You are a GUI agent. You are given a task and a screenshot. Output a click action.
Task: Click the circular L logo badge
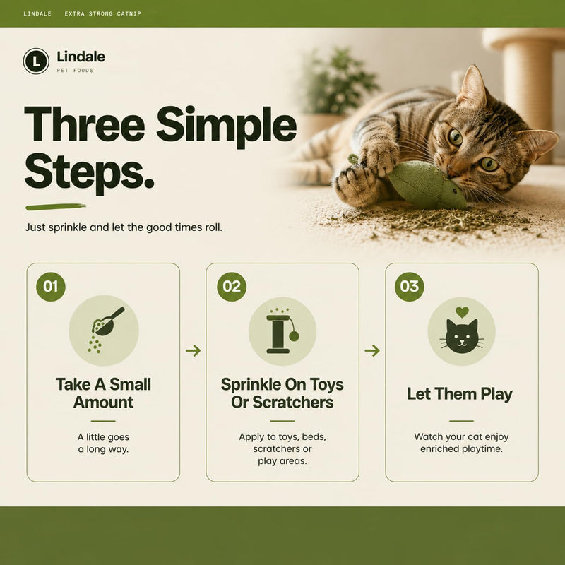coord(36,61)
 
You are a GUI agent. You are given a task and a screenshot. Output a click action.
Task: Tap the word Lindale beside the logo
coord(81,56)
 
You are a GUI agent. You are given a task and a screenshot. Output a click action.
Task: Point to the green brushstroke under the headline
coord(56,207)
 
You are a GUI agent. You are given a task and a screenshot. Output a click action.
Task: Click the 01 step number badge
coord(51,287)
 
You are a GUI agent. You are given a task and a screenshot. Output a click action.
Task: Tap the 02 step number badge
coord(232,287)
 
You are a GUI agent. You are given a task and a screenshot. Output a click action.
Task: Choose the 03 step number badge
coord(410,287)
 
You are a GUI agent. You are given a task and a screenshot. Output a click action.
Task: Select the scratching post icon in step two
coord(282,331)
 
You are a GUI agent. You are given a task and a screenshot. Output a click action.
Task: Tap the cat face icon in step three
coord(462,336)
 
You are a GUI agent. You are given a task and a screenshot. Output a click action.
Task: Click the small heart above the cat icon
coord(462,311)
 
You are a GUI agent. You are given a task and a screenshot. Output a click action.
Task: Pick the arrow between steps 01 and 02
coord(193,350)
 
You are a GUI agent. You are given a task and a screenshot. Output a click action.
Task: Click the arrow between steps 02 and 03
coord(372,350)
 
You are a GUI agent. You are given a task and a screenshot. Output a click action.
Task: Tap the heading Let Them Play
coord(460,394)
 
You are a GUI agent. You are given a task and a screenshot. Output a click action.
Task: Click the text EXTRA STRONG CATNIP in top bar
coord(102,13)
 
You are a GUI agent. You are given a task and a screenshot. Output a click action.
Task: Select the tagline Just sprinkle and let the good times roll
coord(124,227)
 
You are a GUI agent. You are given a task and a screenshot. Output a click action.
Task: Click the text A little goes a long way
coord(103,444)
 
